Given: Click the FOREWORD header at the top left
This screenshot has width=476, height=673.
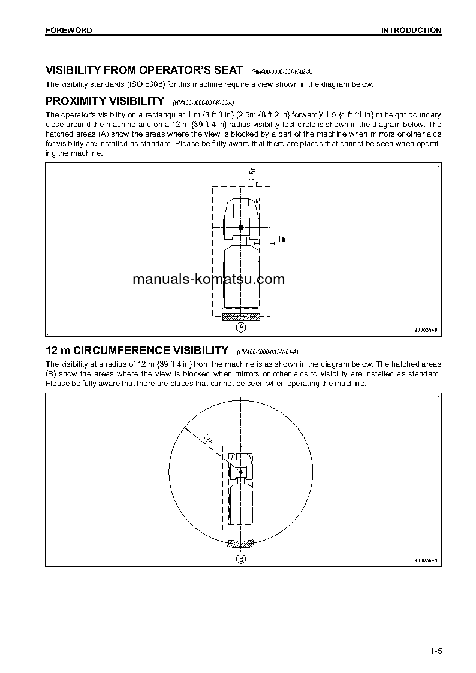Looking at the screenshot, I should [68, 30].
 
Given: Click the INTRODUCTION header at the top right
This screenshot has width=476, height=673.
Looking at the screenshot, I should [411, 30].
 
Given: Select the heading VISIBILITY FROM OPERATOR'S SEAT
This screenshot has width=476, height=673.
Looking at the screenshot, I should [144, 70].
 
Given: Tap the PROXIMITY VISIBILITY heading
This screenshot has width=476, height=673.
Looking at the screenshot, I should [105, 101].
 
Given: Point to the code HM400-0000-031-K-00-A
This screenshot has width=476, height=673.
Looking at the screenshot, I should [203, 102].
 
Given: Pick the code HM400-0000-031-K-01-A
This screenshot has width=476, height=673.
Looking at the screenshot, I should [267, 352].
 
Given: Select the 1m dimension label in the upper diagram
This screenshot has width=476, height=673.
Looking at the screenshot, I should [281, 240].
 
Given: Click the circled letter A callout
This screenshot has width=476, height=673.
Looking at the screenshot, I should [241, 327].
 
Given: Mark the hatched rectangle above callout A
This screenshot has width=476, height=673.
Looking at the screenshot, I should [241, 316].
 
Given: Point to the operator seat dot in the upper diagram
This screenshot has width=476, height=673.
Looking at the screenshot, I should [241, 227].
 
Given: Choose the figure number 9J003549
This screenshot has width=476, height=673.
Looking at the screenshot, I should [426, 329].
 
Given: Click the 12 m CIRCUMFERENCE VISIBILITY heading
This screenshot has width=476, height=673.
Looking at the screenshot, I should [137, 351].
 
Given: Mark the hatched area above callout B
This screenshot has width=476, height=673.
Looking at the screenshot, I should [241, 544].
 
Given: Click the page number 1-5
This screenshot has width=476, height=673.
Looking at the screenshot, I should [435, 652].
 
